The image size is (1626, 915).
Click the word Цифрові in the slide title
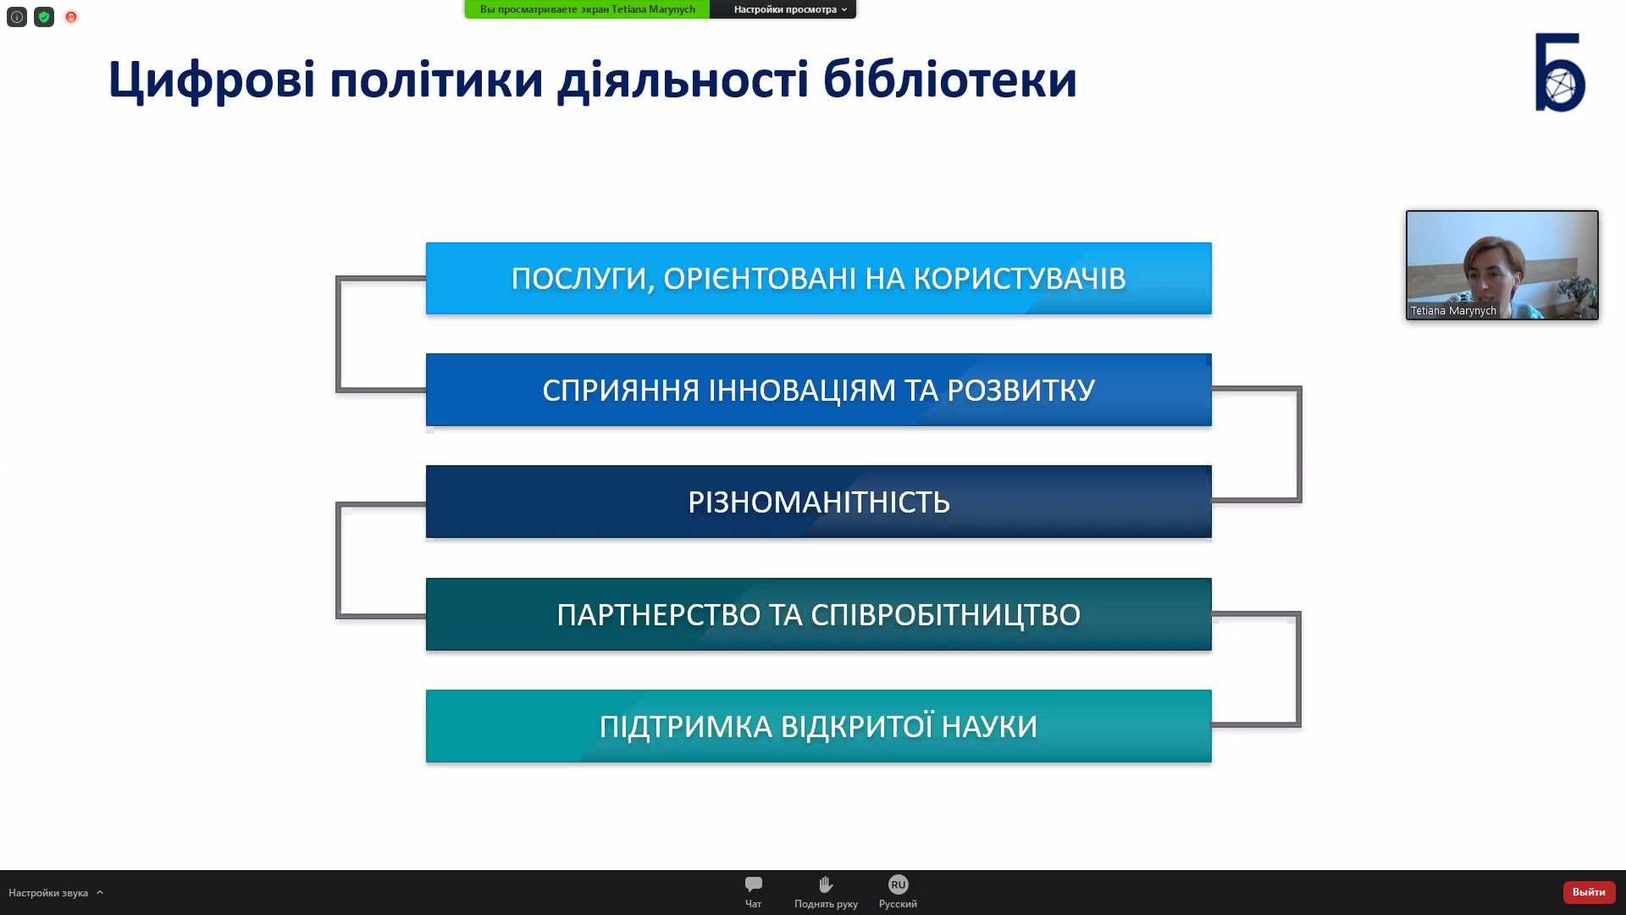[x=212, y=80]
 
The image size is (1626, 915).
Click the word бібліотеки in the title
[x=949, y=79]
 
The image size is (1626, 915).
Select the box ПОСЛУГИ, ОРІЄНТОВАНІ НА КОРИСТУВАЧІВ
[x=818, y=279]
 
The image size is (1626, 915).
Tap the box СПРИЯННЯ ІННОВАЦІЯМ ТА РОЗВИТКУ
[x=818, y=390]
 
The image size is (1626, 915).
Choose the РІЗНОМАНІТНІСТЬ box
[x=818, y=502]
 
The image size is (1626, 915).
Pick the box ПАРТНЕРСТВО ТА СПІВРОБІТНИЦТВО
[x=818, y=614]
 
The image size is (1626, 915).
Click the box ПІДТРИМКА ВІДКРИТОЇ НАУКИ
[x=818, y=726]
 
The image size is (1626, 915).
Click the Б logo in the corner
[x=1560, y=72]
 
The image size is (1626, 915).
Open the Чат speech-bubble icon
[x=753, y=884]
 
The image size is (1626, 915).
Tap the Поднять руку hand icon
[x=826, y=884]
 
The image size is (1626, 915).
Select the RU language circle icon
[x=898, y=884]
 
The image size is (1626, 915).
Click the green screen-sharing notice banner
[x=587, y=9]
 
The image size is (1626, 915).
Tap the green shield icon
[x=44, y=17]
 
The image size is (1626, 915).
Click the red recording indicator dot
[x=71, y=17]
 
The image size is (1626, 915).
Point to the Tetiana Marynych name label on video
[x=1453, y=311]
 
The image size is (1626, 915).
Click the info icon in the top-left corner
[x=17, y=17]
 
